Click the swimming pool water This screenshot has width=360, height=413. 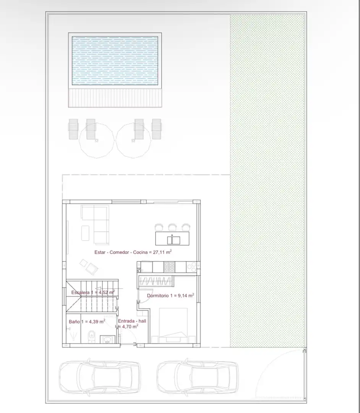click(115, 60)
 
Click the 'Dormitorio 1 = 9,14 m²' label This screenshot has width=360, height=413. click(170, 296)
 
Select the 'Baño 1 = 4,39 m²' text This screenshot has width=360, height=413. click(87, 321)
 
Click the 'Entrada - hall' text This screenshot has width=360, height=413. click(132, 321)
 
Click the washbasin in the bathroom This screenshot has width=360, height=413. click(107, 339)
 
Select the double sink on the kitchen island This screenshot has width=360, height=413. click(174, 240)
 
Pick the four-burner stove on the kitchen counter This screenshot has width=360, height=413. click(169, 267)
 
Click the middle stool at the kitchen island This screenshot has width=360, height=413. click(172, 227)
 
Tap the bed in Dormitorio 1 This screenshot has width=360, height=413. click(173, 325)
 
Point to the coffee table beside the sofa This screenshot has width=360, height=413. click(85, 233)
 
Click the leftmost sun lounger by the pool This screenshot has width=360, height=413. click(73, 129)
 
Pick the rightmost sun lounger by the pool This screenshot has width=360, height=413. click(157, 129)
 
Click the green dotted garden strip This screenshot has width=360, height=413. click(268, 180)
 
